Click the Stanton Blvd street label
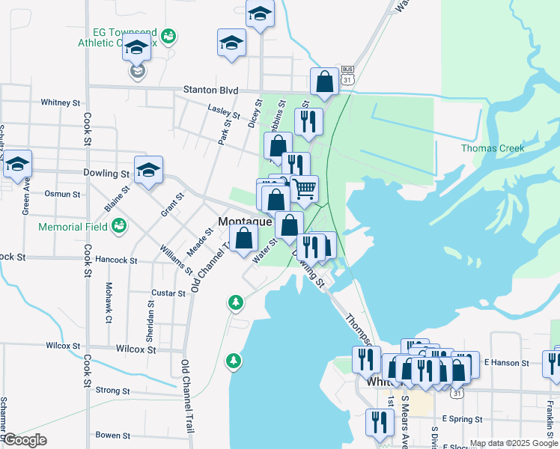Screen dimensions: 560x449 pyautogui.click(x=210, y=91)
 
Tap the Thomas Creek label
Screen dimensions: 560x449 pyautogui.click(x=492, y=148)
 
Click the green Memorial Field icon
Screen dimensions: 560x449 pyautogui.click(x=118, y=225)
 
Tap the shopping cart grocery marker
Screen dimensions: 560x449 pyautogui.click(x=304, y=190)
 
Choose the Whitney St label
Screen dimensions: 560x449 pyautogui.click(x=61, y=103)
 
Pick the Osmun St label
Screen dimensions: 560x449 pyautogui.click(x=62, y=194)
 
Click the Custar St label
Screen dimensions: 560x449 pyautogui.click(x=167, y=293)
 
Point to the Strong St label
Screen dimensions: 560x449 pyautogui.click(x=112, y=391)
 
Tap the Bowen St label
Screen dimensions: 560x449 pyautogui.click(x=113, y=435)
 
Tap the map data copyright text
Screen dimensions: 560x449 pyautogui.click(x=513, y=443)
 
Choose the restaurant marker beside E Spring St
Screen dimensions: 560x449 pyautogui.click(x=380, y=423)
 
